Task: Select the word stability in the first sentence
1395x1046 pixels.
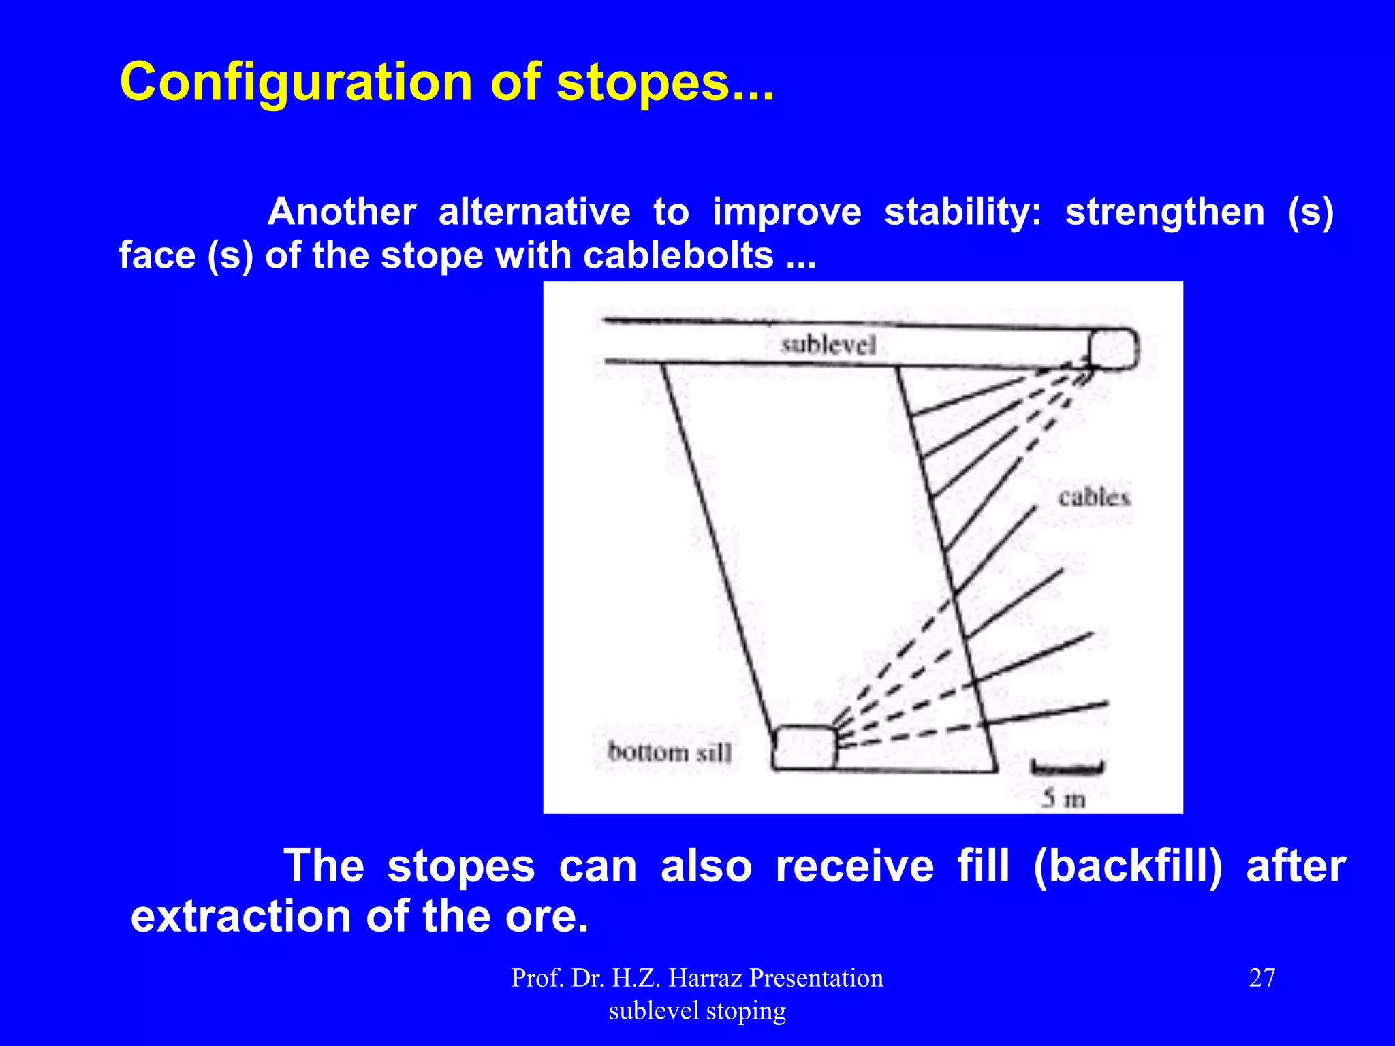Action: point(962,212)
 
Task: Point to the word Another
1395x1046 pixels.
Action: point(341,212)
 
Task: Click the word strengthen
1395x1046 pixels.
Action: point(1165,212)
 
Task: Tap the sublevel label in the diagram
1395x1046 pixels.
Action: point(828,345)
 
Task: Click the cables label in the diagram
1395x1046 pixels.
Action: point(1094,498)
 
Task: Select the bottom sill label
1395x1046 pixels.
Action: point(669,752)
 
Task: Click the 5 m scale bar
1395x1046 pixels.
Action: point(1067,768)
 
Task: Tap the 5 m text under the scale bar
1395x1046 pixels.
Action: point(1063,798)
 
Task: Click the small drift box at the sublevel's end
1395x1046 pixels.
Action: point(1113,349)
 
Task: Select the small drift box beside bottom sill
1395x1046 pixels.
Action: point(804,748)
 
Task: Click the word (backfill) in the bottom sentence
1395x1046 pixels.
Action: point(1127,866)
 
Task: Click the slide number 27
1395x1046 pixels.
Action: point(1261,978)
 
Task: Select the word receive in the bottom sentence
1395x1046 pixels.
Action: point(854,866)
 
